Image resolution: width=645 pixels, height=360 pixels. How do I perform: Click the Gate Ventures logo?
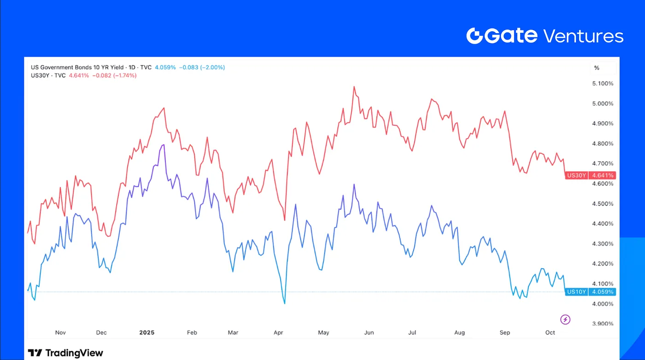(545, 35)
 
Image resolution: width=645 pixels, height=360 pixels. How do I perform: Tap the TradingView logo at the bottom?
(65, 353)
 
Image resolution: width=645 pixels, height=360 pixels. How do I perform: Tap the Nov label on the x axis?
(60, 332)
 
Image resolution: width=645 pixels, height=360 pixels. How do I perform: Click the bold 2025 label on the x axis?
(147, 332)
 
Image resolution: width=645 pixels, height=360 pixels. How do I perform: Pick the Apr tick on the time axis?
(278, 332)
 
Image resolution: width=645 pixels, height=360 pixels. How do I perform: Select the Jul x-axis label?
(412, 332)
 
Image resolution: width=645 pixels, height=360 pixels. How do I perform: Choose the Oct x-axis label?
(550, 332)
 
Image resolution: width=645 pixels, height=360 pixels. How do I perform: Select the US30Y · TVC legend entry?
(48, 75)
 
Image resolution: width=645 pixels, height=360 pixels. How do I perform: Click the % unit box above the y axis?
(597, 68)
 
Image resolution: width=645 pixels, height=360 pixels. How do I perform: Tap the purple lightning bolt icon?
(565, 319)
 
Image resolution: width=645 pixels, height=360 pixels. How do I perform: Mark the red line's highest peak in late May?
(354, 86)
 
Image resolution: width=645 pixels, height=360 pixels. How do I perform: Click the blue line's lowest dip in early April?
(285, 303)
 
